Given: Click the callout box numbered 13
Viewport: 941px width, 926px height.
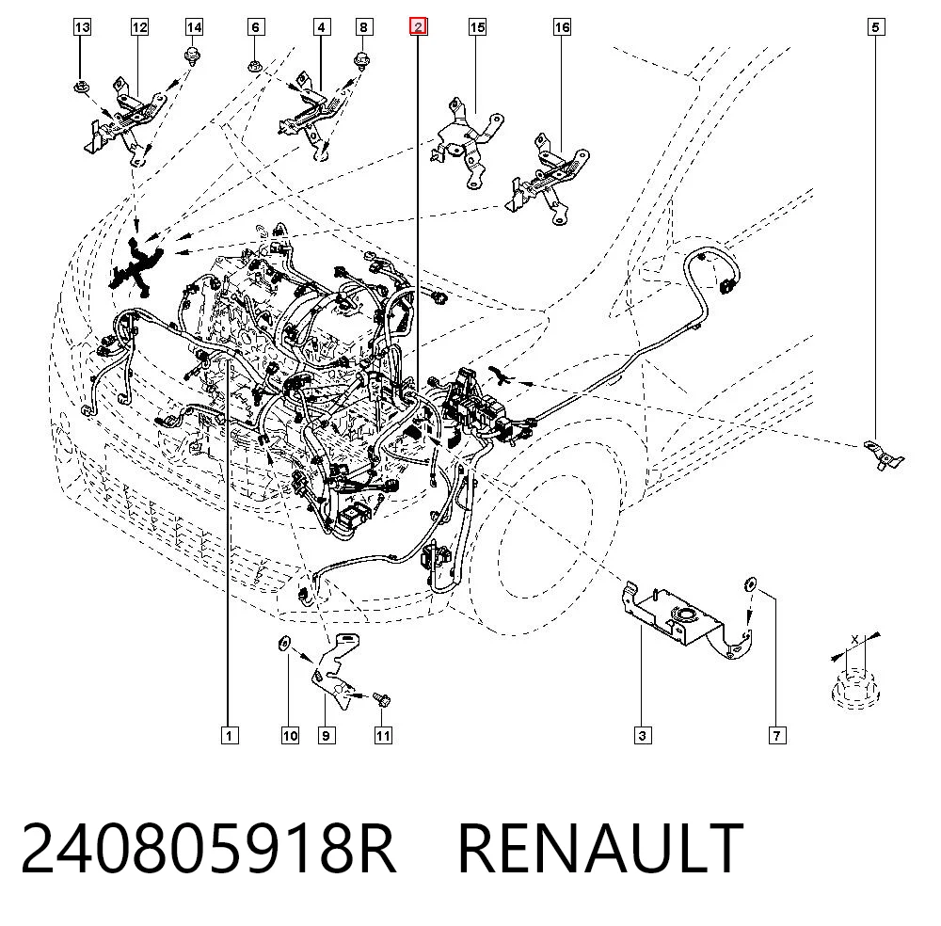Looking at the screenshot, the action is pos(82,27).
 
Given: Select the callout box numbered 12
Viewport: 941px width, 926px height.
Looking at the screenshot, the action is pos(139,27).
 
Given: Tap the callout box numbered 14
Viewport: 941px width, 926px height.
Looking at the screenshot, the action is pos(194,27).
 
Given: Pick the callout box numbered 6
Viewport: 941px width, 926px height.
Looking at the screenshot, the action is pos(256,27).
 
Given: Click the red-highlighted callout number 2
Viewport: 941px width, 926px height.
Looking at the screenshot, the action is pos(419,27).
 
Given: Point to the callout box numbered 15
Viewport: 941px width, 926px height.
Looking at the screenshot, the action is pos(477,27).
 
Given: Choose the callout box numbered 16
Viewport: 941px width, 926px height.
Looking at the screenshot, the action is pos(562,27).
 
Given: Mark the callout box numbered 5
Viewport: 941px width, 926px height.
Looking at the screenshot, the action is pos(875,27).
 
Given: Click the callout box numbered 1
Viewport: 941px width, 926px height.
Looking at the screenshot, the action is pos(230,735).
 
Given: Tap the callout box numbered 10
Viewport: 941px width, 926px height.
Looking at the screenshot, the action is pos(290,735).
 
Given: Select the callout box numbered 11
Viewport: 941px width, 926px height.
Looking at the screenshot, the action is pos(383,735).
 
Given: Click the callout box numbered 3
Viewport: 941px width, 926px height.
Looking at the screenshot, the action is pos(643,735).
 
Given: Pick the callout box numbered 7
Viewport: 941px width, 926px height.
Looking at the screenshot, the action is pos(777,735).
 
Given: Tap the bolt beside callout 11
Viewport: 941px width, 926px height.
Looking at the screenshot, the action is pos(381,700).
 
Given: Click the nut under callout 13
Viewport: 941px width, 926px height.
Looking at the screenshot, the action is pos(81,88).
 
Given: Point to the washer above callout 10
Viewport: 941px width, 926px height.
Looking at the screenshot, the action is pos(284,644).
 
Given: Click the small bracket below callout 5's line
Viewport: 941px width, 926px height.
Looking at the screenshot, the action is pos(884,456).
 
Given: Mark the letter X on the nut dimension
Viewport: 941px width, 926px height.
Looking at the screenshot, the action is pos(855,641).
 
